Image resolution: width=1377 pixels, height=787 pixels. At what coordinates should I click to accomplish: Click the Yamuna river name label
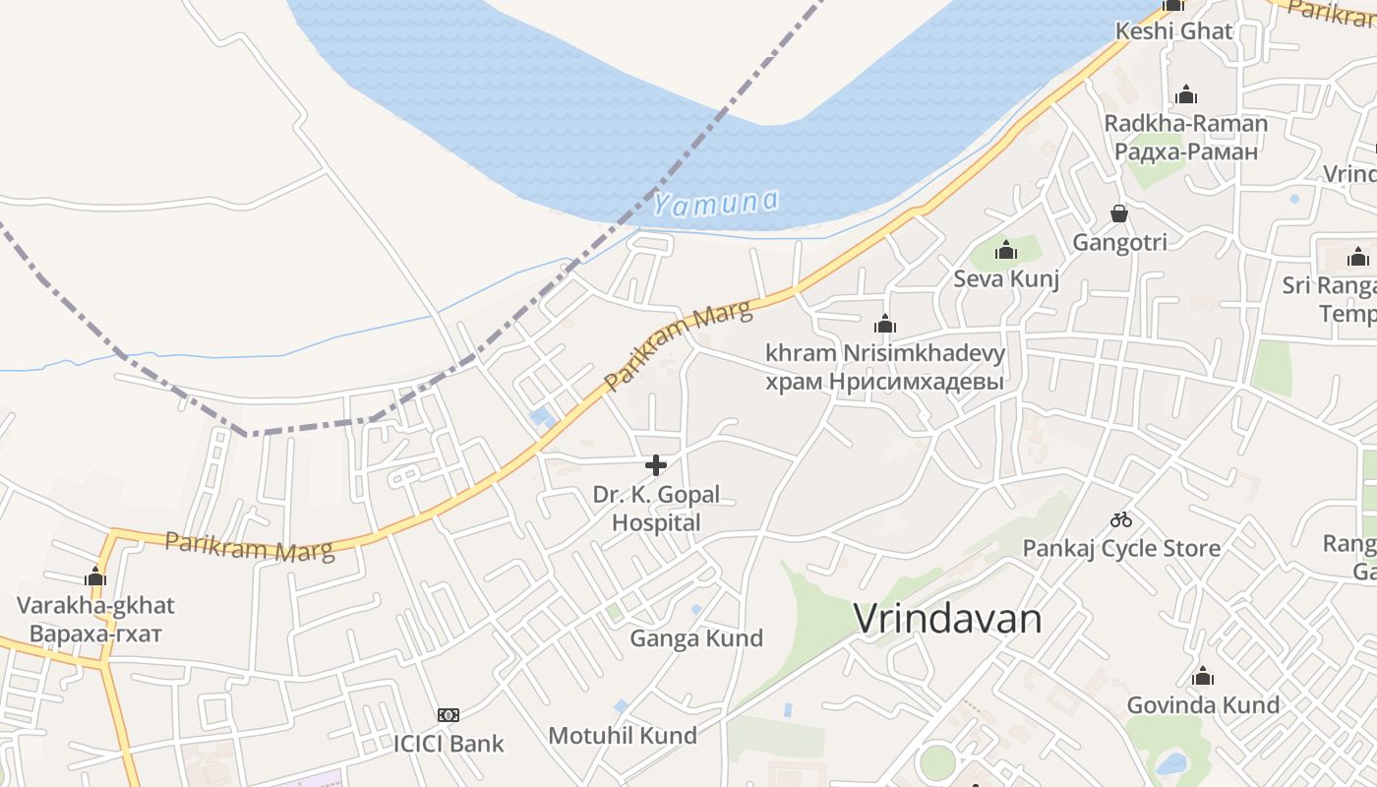(x=716, y=203)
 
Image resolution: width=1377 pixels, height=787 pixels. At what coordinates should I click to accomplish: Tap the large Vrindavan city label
(x=947, y=619)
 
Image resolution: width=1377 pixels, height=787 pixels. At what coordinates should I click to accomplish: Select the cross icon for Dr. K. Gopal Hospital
(x=656, y=465)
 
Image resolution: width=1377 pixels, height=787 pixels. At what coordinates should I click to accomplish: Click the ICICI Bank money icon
(x=449, y=715)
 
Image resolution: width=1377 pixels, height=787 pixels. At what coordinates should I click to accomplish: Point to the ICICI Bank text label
(x=449, y=743)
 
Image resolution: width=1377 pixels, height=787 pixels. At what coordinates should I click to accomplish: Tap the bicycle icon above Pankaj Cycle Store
(x=1121, y=519)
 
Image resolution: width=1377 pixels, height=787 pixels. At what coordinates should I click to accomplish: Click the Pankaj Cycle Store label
(x=1121, y=548)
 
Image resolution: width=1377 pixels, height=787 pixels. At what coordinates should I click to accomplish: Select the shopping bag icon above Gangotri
(x=1119, y=213)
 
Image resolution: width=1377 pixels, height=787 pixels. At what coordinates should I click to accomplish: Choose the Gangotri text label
(x=1119, y=242)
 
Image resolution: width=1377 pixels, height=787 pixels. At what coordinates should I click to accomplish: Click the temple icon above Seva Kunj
(x=1005, y=251)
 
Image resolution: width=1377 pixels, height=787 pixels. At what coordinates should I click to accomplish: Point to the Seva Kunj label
(x=1006, y=278)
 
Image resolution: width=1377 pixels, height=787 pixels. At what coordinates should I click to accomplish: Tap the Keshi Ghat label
(x=1173, y=30)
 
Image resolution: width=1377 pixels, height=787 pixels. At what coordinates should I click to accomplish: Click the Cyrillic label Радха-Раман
(x=1186, y=151)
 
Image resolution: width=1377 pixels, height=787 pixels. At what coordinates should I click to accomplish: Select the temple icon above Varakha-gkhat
(x=95, y=576)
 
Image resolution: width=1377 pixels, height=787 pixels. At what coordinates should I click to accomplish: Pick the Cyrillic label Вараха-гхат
(x=95, y=632)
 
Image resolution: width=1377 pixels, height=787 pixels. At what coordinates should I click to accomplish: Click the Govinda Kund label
(x=1203, y=704)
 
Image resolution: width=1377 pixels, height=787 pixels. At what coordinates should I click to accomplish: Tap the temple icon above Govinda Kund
(x=1202, y=677)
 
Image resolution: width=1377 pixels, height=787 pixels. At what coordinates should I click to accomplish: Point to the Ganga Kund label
(x=696, y=638)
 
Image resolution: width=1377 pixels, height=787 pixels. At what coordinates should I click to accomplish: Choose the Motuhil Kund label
(x=623, y=735)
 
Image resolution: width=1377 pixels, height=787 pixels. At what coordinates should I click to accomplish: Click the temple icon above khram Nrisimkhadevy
(x=885, y=324)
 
